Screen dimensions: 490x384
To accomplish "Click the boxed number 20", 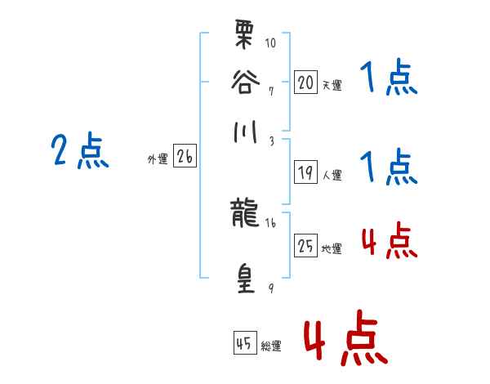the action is (305, 82).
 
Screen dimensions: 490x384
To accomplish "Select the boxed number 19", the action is (305, 172).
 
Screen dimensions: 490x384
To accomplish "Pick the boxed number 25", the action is (305, 246).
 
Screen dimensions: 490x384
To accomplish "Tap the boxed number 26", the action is (185, 158).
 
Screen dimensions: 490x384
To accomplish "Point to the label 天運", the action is (332, 85).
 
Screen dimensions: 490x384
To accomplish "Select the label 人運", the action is (332, 175).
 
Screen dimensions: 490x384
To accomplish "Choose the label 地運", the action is (332, 248).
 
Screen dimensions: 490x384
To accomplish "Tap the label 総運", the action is (271, 346).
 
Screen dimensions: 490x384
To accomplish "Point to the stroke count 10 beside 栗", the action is (270, 41).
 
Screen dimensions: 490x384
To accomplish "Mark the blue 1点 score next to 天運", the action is (388, 80).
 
